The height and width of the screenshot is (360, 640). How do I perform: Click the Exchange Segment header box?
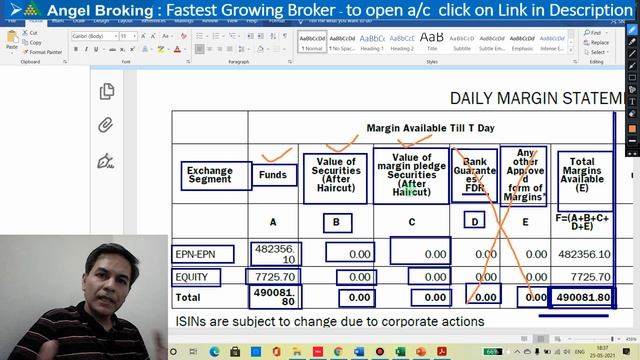(209, 175)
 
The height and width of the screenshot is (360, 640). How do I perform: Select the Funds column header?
(272, 175)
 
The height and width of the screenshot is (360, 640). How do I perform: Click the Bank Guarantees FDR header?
(474, 175)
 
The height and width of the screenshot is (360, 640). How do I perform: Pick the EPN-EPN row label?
(204, 254)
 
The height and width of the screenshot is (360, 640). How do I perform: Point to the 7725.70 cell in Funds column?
(273, 276)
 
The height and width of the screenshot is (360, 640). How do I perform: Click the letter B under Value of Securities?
(337, 222)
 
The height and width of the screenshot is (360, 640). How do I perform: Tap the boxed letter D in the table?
(474, 221)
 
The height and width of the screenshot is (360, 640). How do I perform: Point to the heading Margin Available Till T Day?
(430, 128)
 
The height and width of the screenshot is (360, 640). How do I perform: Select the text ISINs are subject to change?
(330, 322)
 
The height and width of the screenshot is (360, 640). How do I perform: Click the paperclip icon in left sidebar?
(106, 126)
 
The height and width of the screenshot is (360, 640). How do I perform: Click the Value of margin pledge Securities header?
(411, 174)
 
